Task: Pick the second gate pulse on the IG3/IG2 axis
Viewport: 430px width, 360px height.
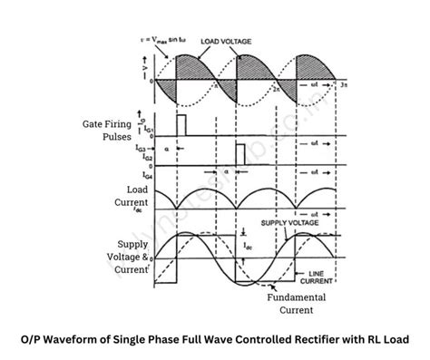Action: [240, 153]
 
